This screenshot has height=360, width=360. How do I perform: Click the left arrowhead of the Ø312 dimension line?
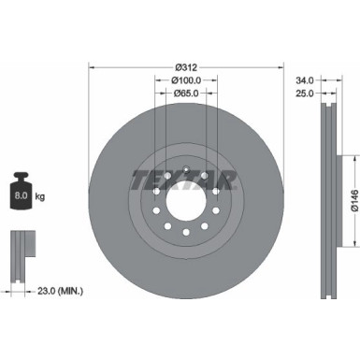92,67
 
